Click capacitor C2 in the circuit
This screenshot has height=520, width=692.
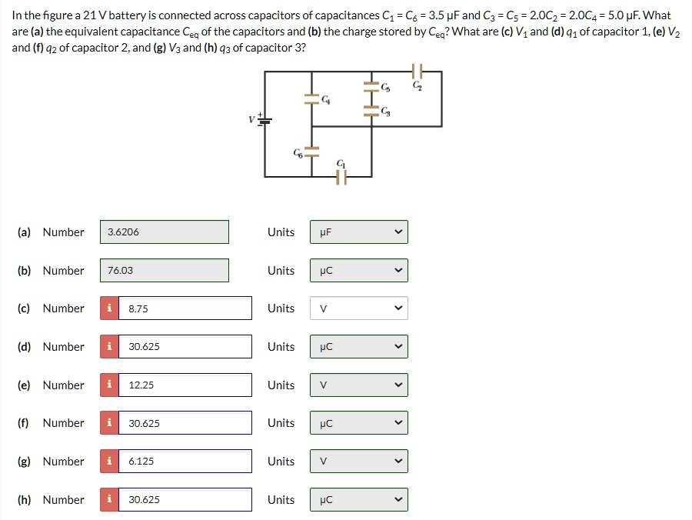[418, 72]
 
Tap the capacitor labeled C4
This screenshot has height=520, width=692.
[311, 99]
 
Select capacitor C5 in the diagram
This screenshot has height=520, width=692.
[372, 87]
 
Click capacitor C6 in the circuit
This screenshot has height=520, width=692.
[311, 151]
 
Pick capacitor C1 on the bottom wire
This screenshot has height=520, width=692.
[341, 177]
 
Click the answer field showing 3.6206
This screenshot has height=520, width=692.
[164, 232]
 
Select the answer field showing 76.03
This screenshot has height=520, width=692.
[164, 270]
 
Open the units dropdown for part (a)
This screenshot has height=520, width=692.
[359, 232]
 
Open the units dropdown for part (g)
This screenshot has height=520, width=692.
[359, 462]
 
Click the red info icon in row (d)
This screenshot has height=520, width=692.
[110, 347]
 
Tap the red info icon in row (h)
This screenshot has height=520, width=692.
[110, 500]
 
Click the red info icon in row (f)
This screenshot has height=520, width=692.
[110, 423]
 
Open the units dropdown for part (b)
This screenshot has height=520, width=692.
[359, 270]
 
